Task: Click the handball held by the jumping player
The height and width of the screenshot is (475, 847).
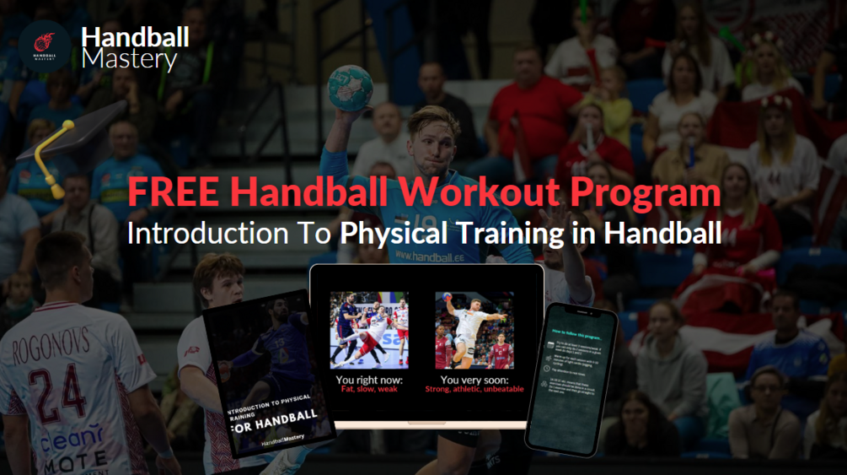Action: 351,87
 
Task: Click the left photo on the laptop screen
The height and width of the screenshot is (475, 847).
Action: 369,330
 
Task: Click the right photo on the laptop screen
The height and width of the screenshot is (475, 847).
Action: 474,330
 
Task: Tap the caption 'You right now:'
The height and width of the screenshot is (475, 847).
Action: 369,380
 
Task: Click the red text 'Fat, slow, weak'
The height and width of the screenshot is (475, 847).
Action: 369,390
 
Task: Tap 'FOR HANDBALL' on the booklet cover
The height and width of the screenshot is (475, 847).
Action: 275,416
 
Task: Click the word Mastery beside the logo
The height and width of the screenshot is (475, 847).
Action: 130,60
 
